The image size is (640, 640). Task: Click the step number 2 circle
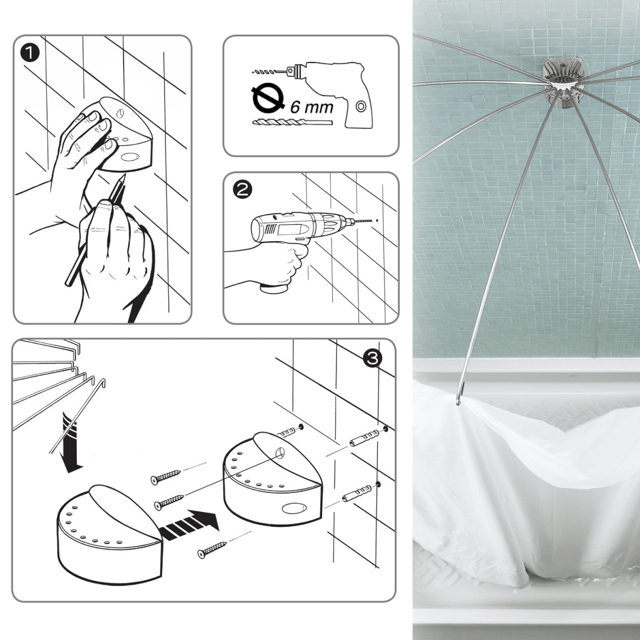coord(243,189)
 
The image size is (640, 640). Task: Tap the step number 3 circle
coord(372,358)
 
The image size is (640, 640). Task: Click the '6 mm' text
coord(312,106)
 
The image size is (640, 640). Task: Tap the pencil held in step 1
coord(96,229)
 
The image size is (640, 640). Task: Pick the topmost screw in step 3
coord(165,476)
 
